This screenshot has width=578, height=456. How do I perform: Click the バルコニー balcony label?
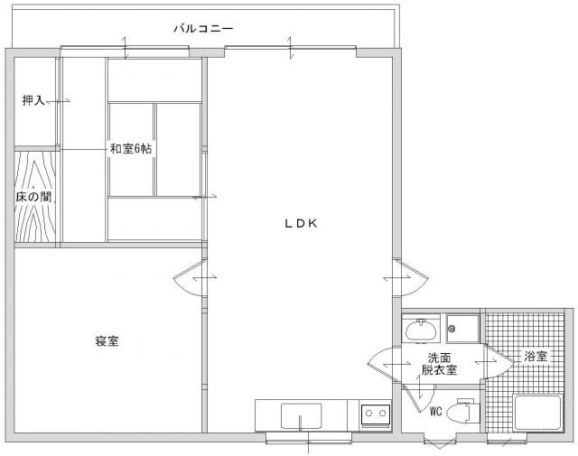point(203,28)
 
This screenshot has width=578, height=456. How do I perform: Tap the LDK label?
point(301,223)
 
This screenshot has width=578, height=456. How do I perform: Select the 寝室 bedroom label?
point(107,341)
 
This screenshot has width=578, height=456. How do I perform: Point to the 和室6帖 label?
point(131,149)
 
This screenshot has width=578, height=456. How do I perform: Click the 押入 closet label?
point(33,100)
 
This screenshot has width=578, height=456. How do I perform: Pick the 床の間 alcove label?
point(33,197)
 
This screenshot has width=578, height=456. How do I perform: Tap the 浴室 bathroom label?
point(536,356)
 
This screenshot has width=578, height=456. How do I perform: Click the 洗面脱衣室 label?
point(440,364)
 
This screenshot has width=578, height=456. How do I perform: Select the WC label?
point(435,411)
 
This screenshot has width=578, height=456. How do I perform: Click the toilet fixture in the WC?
point(462,411)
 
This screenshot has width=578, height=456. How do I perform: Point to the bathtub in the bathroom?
point(537,413)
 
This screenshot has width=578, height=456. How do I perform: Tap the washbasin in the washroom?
point(421,330)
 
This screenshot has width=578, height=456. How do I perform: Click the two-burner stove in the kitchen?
point(376,414)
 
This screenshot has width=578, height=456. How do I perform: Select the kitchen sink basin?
point(301,415)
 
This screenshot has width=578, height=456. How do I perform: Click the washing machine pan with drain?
point(462,329)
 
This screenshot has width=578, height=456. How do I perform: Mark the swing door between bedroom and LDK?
point(190,277)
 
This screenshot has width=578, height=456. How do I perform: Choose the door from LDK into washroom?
point(384,365)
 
